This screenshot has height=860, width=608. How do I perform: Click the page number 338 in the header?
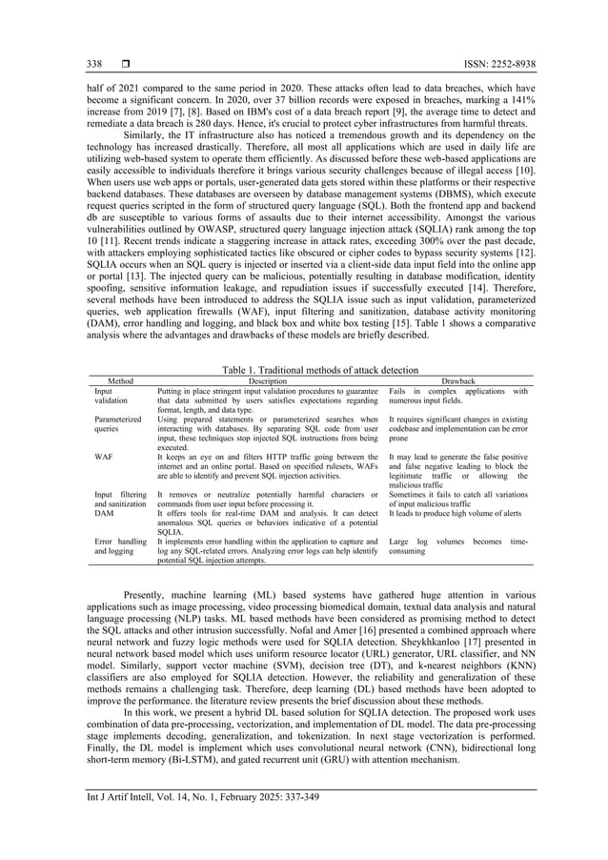(x=95, y=64)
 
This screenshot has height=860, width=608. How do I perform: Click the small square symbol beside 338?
(x=124, y=64)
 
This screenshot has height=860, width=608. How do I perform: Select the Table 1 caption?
(x=305, y=368)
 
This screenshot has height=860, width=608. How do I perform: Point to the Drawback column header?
(x=457, y=380)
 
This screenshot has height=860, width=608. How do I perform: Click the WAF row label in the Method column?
(x=104, y=457)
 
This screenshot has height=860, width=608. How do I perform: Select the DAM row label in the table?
(x=104, y=513)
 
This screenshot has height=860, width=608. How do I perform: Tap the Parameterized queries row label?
(x=117, y=424)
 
